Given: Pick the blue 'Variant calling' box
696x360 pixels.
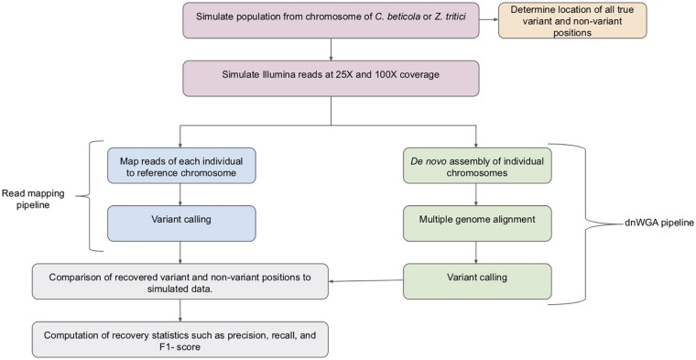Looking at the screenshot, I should coord(180,223).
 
